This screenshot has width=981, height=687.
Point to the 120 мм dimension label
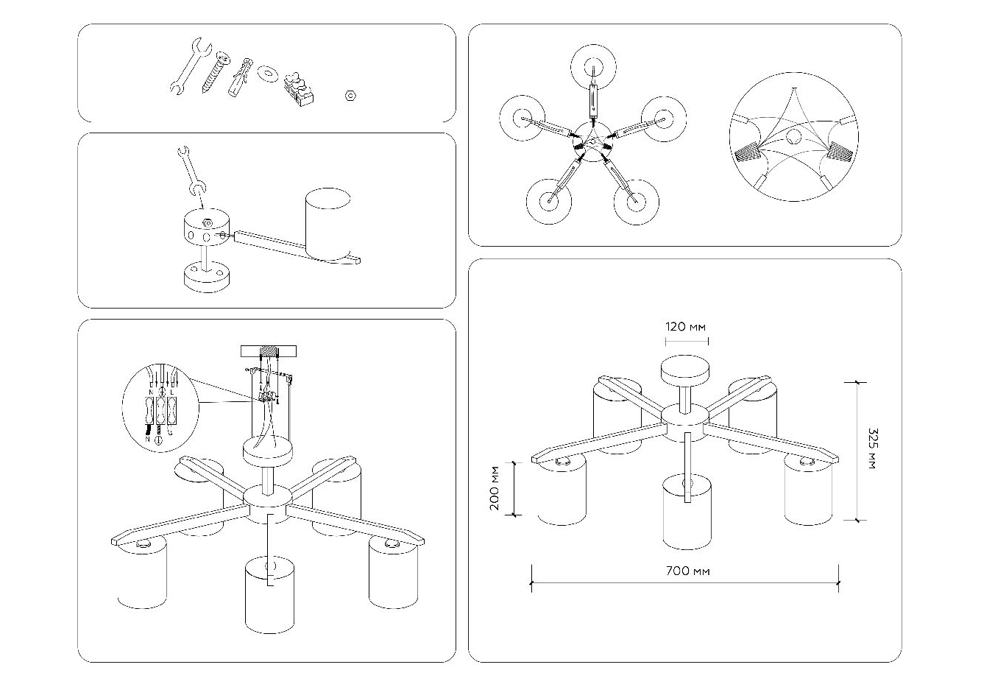click(x=686, y=326)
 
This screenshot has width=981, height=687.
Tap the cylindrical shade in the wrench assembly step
click(x=328, y=225)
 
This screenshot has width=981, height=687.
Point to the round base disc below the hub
click(x=205, y=278)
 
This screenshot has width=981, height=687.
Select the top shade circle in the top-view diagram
click(x=592, y=67)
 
